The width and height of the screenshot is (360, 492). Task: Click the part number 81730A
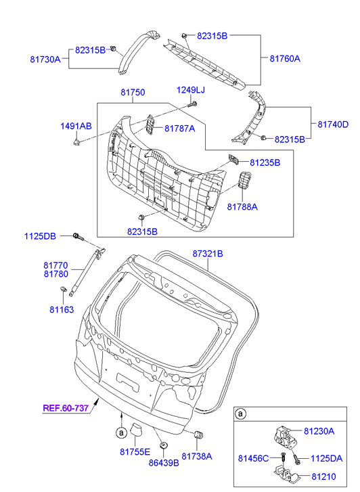[x=45, y=60]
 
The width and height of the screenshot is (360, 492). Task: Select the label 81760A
[x=285, y=59]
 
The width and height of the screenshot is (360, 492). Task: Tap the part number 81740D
[x=333, y=125]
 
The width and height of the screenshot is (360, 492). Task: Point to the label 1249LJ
[x=191, y=90]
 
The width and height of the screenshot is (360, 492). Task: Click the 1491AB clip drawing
[x=76, y=141]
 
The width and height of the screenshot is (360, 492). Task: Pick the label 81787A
[x=180, y=129]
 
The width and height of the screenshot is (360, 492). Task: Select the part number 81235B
[x=265, y=163]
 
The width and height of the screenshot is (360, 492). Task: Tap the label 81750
[x=133, y=92]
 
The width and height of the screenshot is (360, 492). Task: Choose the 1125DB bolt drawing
[x=78, y=237]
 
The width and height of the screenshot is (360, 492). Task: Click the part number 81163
[x=62, y=310]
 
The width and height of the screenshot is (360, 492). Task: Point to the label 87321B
[x=208, y=254]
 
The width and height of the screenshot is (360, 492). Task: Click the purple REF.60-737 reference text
[x=66, y=408]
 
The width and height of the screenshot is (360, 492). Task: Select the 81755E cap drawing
[x=135, y=430]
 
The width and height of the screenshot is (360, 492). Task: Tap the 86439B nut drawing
[x=163, y=445]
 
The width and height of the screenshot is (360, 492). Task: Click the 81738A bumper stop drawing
[x=199, y=435]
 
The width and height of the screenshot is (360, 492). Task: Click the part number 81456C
[x=253, y=459]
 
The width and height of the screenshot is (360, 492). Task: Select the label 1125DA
[x=326, y=459]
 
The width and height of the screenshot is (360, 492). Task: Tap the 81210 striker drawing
[x=286, y=475]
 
